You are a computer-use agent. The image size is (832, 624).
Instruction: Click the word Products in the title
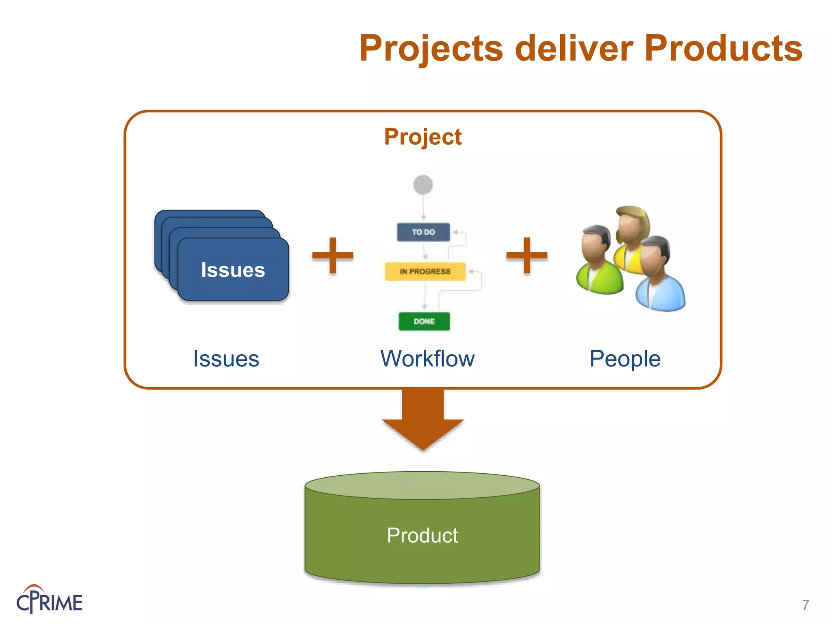tap(723, 48)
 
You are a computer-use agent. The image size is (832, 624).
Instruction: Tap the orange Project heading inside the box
tap(423, 137)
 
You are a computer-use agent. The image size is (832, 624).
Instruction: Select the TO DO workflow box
tap(423, 232)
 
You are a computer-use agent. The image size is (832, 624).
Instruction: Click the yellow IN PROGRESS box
tap(425, 271)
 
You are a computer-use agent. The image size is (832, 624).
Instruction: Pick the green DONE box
tap(424, 321)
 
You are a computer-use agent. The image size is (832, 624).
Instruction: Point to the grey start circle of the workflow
tap(423, 185)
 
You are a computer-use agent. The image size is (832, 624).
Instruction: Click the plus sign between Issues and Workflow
tap(333, 256)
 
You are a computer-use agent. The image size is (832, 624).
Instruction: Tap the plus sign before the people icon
tap(527, 256)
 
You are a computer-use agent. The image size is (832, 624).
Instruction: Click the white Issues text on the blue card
tap(233, 270)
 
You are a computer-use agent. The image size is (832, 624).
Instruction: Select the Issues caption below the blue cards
tap(226, 359)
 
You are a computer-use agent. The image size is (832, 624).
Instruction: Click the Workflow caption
tap(427, 359)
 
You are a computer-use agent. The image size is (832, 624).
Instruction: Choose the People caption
tap(625, 359)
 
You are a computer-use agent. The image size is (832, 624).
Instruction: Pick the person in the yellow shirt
tap(632, 240)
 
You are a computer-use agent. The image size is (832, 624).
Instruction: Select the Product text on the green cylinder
tap(422, 535)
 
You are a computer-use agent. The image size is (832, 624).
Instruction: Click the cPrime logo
tap(49, 600)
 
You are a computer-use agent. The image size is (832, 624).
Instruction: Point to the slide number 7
tap(806, 605)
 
